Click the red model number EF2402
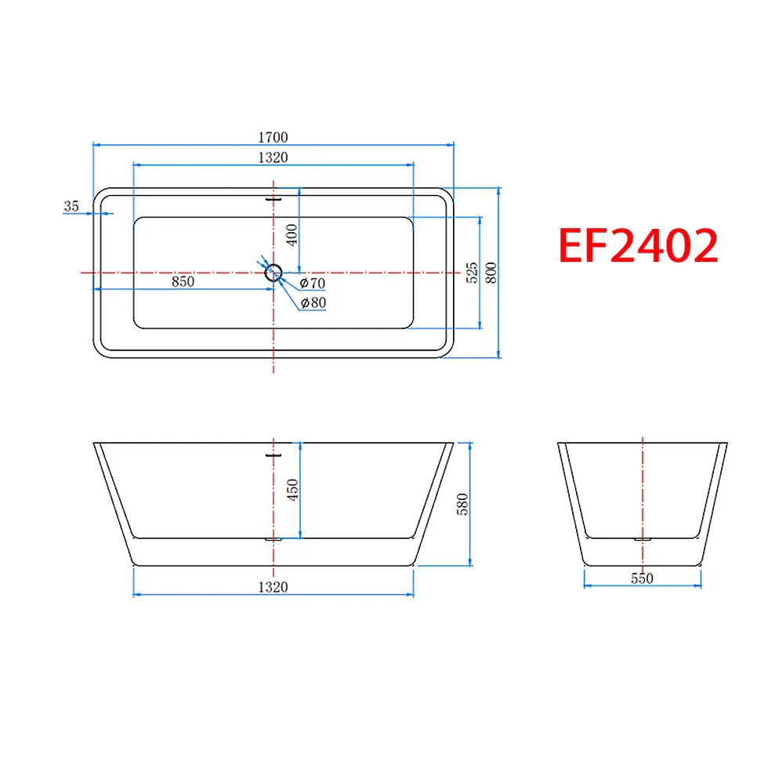[x=638, y=245]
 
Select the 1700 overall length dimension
[x=273, y=137]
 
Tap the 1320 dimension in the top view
[x=273, y=158]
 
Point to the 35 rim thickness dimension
[x=72, y=206]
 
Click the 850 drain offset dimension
[x=183, y=281]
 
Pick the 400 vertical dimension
[x=292, y=234]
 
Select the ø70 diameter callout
[x=313, y=283]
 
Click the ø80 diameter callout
[x=313, y=302]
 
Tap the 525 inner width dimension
[x=471, y=272]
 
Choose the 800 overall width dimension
[x=491, y=272]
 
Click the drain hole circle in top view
[x=274, y=272]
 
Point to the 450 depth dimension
[x=293, y=491]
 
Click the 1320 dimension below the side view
[x=273, y=587]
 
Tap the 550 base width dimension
[x=642, y=579]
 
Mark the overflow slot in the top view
[x=273, y=198]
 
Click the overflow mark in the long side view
[x=273, y=454]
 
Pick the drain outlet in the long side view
[x=274, y=539]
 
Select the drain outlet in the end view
[x=643, y=539]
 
